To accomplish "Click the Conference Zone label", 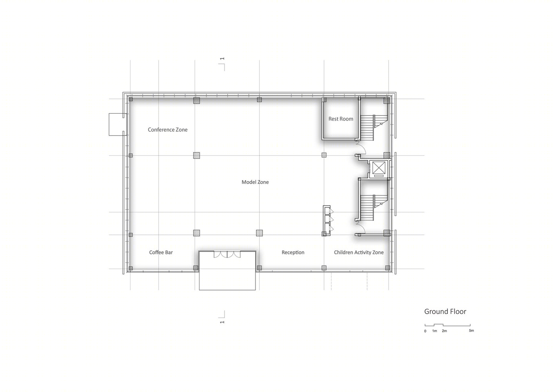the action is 168,130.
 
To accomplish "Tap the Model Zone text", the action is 255,182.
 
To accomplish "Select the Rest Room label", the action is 341,119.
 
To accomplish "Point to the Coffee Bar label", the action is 161,252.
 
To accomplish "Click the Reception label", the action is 293,252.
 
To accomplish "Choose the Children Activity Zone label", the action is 358,252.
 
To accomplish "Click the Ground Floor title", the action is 445,312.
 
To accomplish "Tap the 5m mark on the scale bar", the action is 471,330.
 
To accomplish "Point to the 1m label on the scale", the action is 435,331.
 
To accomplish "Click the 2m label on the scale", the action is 444,331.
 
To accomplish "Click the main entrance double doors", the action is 227,254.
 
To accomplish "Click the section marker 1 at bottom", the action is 222,317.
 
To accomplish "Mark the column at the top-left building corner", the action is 130,99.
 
